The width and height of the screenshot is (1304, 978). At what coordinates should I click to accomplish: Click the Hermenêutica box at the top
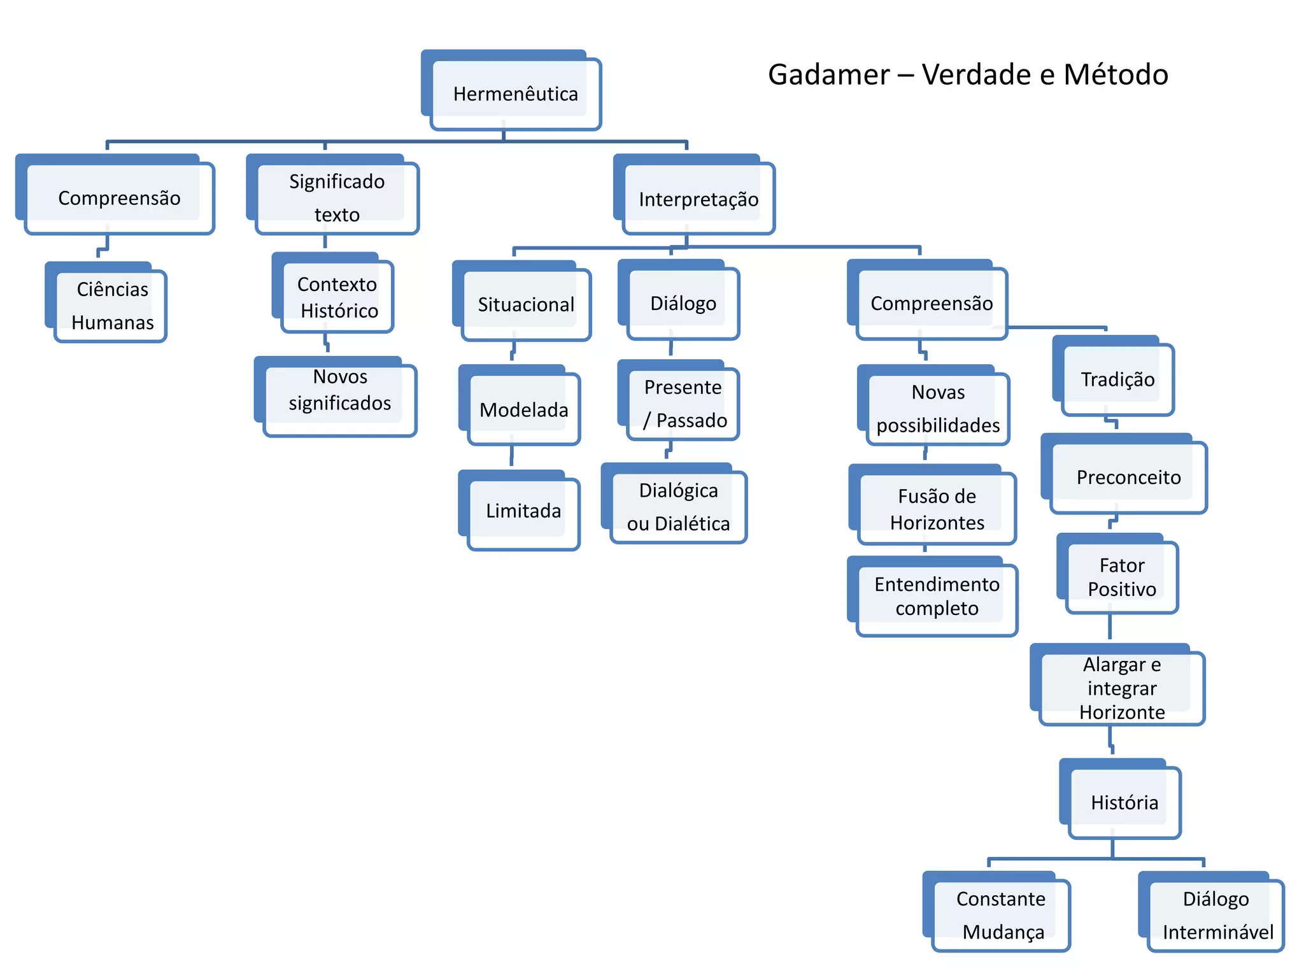[515, 94]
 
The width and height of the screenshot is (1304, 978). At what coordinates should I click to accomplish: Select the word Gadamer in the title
[828, 74]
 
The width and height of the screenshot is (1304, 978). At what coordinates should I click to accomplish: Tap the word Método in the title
[1116, 74]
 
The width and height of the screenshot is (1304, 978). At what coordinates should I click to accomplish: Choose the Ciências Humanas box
[112, 306]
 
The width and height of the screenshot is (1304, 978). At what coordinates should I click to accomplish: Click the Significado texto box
[337, 198]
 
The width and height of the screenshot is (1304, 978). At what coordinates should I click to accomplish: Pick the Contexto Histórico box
[338, 297]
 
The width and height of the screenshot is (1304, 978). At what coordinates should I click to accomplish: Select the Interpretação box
[698, 199]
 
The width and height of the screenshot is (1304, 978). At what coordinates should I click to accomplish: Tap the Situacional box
[526, 304]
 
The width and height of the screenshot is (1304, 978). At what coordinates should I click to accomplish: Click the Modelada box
[523, 409]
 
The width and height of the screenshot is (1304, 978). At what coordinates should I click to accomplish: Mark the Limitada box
[523, 511]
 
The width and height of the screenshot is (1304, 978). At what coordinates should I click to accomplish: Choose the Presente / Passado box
[683, 404]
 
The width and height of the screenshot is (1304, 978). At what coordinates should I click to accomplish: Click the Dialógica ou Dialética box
[678, 507]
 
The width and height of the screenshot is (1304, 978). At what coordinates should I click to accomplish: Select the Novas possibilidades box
[937, 408]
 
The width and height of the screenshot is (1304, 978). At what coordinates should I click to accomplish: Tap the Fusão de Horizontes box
[937, 509]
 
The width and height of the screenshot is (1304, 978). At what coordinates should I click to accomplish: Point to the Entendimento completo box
[937, 596]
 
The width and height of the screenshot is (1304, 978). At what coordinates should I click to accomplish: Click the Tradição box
[1117, 379]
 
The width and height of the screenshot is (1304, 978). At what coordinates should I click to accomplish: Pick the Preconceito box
[1128, 477]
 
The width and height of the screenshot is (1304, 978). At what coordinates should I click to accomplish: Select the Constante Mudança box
[1001, 915]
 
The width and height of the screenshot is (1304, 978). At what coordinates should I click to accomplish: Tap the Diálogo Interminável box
[1216, 915]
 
